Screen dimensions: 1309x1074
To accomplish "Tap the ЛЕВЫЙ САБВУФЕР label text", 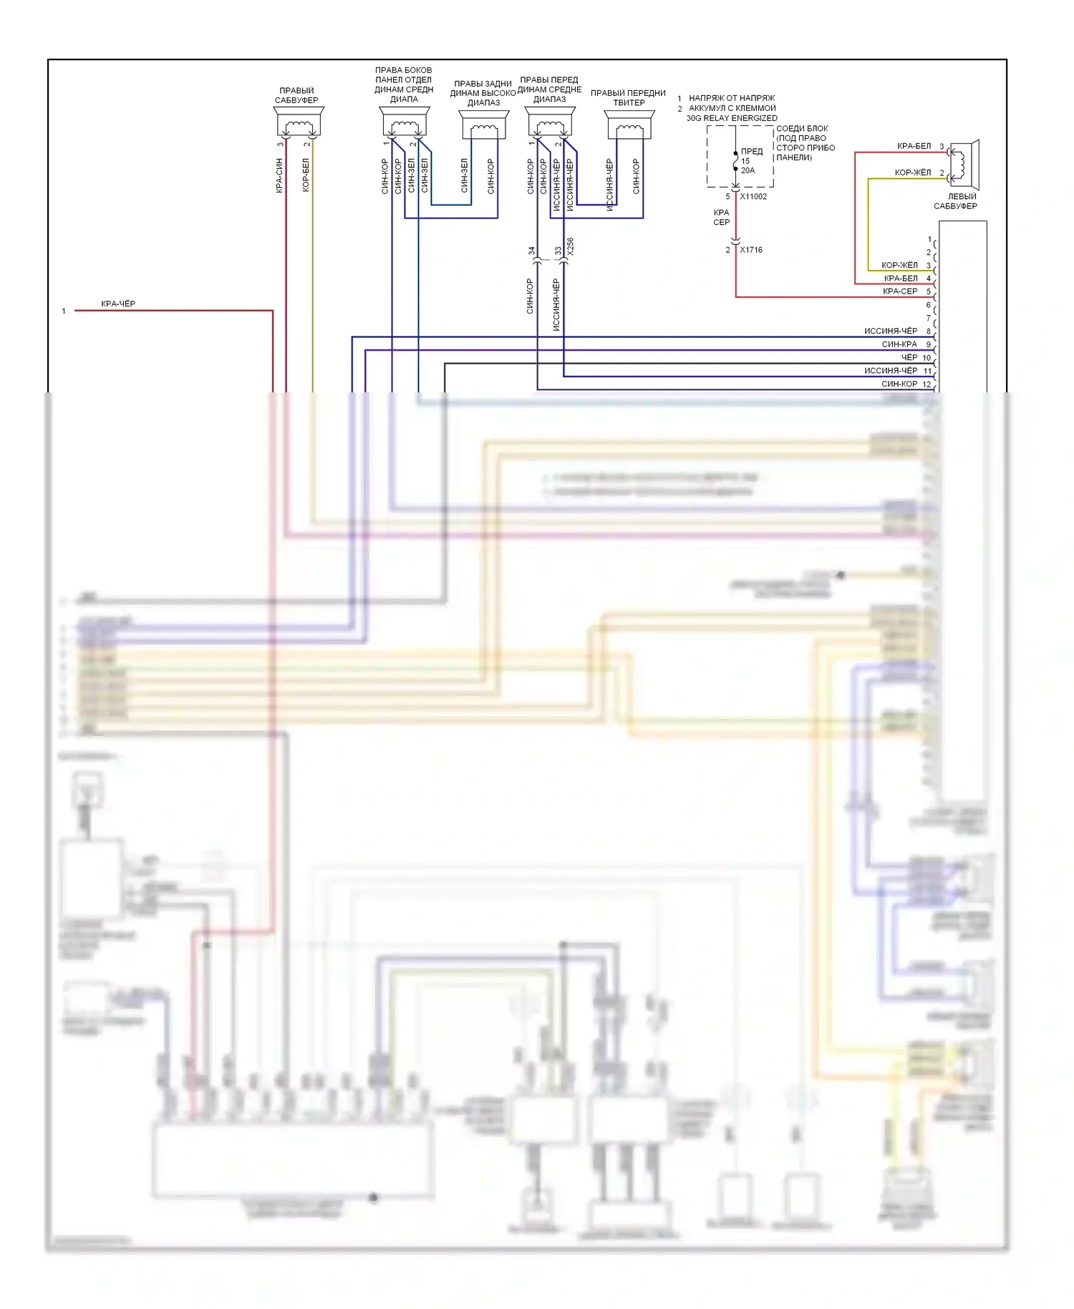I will [957, 201].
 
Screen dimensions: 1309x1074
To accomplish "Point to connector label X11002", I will [753, 197].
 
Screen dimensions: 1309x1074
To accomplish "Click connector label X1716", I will [751, 250].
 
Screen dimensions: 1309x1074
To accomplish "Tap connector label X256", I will [571, 247].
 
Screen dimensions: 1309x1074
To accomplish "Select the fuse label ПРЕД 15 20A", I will [750, 161].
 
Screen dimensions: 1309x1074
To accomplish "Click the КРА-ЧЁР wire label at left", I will [118, 304].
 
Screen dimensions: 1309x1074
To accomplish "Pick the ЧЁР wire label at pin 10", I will [909, 357].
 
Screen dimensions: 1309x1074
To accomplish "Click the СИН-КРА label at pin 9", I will [899, 344].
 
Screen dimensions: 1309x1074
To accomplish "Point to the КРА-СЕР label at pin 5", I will [900, 291].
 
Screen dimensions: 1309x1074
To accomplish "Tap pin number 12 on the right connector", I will [927, 385].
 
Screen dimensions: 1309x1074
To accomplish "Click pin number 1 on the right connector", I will [929, 239].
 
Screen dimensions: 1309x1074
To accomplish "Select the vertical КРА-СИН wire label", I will [279, 175].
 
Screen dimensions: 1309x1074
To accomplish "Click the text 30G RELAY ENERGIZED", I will [732, 118].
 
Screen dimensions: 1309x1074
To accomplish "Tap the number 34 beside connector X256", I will [531, 251].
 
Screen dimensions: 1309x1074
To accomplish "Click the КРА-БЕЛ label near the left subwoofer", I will [914, 146].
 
